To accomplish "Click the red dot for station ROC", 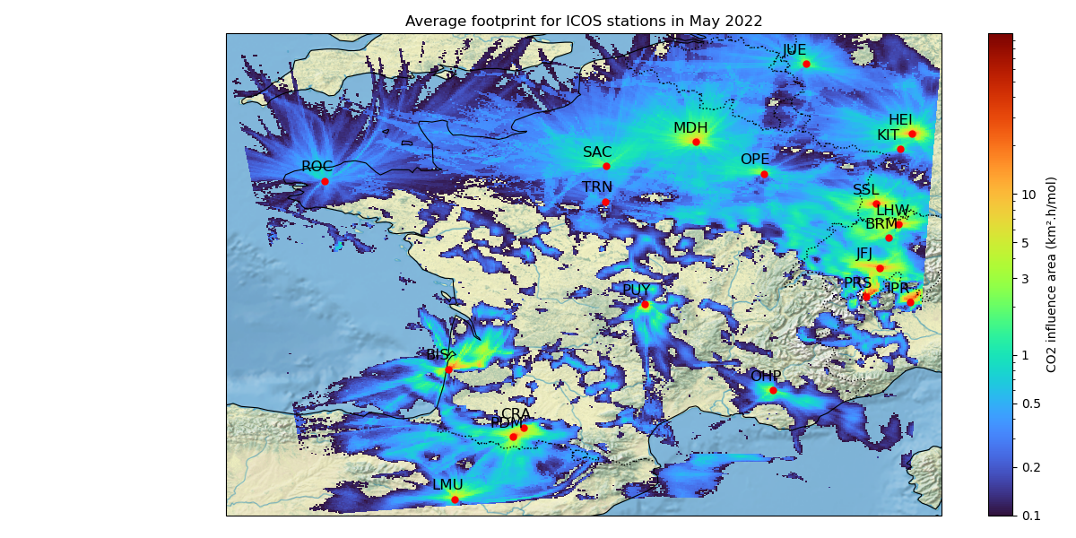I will tap(325, 181).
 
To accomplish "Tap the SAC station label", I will tap(597, 152).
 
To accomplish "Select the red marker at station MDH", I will tap(696, 142).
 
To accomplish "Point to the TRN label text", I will tap(597, 187).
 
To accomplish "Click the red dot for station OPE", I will tap(764, 174).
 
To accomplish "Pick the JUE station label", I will tap(794, 50).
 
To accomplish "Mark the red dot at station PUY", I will tap(645, 305).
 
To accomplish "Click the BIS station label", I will tap(438, 355).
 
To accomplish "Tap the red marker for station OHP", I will tap(773, 390).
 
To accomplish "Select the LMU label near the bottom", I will tap(447, 485).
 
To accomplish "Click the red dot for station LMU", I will tap(455, 499).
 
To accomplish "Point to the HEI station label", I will tap(900, 120).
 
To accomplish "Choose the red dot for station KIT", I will tap(900, 149).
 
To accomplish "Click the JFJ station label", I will tap(863, 254).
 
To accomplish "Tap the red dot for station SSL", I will tap(876, 204).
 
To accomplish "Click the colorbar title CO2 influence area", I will tap(1052, 273).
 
